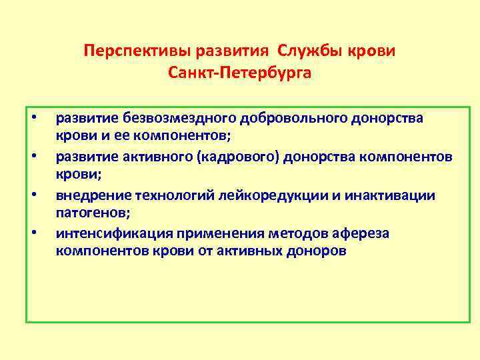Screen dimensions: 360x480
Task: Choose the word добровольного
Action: point(283,118)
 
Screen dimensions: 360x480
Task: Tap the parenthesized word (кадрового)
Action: point(249,157)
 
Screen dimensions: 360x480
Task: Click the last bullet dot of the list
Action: point(33,233)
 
